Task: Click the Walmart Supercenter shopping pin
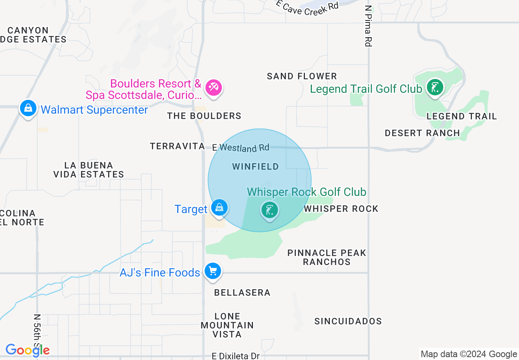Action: click(28, 108)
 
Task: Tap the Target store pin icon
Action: click(219, 207)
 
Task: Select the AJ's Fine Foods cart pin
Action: click(213, 271)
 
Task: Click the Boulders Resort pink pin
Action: click(213, 88)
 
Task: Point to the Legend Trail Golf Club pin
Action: click(435, 88)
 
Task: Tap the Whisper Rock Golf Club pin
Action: click(269, 210)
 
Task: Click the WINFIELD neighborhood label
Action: click(255, 166)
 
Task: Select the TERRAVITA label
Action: click(177, 146)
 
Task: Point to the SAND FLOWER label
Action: click(302, 76)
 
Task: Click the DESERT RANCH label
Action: click(422, 133)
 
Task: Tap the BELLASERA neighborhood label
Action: click(242, 292)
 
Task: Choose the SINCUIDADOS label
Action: click(348, 321)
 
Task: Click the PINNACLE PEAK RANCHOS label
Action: click(327, 257)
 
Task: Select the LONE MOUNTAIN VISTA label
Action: click(227, 325)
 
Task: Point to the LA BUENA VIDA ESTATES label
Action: click(88, 170)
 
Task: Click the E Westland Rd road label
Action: click(241, 147)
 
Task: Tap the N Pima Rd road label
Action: click(368, 25)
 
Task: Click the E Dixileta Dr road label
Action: click(236, 356)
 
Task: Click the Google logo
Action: click(27, 350)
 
